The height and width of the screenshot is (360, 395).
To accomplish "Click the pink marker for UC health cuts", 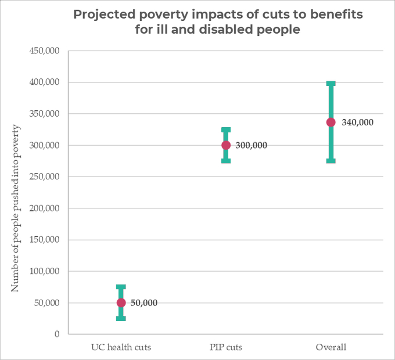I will tap(121, 303).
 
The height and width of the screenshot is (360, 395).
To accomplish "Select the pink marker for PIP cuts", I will tap(226, 145).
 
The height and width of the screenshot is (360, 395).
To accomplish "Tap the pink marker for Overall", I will tap(331, 122).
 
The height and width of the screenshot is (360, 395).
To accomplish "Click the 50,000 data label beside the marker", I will tap(144, 303).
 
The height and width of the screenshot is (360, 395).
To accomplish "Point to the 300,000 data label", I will tap(252, 145).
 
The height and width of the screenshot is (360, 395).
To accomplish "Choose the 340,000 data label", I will tap(358, 123).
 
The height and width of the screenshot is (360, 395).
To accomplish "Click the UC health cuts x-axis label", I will tap(121, 348).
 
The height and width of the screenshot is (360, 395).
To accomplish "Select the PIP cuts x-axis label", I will tap(226, 348).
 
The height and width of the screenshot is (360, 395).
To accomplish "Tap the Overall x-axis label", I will tap(331, 348).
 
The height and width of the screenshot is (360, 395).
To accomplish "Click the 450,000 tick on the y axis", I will tap(44, 51).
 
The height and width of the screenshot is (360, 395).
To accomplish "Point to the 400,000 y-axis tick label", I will tap(44, 82).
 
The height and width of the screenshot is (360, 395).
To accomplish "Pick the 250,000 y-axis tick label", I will tap(44, 177).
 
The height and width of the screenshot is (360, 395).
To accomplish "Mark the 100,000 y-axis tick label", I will tap(44, 271).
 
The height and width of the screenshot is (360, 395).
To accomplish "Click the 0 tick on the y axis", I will tap(57, 334).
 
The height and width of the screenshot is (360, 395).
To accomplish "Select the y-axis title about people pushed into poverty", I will tap(16, 208).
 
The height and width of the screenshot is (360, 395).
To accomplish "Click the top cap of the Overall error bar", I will tap(331, 84).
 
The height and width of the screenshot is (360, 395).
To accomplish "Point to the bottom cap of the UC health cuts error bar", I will tap(121, 318).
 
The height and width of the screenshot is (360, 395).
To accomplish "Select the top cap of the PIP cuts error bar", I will tap(226, 130).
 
